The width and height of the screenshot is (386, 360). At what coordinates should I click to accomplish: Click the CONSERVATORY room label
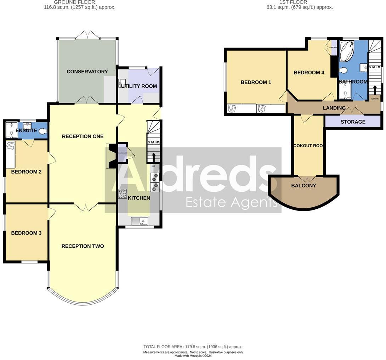click(87, 72)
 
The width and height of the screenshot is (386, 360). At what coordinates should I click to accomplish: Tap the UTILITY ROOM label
click(139, 86)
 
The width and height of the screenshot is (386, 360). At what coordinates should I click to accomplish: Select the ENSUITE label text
click(26, 131)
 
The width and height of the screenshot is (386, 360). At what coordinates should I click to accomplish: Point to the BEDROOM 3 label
click(26, 233)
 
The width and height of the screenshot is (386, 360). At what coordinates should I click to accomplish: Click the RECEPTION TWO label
click(83, 246)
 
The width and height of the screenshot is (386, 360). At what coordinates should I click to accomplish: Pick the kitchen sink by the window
click(139, 221)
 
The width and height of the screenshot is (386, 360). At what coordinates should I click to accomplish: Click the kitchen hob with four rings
click(123, 194)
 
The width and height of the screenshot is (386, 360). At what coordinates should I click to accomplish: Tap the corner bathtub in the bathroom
click(346, 51)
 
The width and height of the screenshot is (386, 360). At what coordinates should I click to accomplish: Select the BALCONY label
click(303, 186)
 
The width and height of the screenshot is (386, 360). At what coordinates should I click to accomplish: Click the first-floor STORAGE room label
click(353, 122)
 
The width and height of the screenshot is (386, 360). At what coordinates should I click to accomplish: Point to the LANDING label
click(334, 108)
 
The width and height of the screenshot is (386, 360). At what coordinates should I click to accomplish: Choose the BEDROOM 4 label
click(309, 73)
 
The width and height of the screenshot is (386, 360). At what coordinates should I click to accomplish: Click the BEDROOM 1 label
click(256, 82)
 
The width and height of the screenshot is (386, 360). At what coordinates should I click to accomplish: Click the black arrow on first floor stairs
click(375, 89)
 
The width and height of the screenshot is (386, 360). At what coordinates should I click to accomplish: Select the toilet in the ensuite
click(42, 131)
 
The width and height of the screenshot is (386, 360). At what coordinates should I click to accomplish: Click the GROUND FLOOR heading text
click(69, 2)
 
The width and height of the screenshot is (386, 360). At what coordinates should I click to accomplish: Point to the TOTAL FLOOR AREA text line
click(193, 347)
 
